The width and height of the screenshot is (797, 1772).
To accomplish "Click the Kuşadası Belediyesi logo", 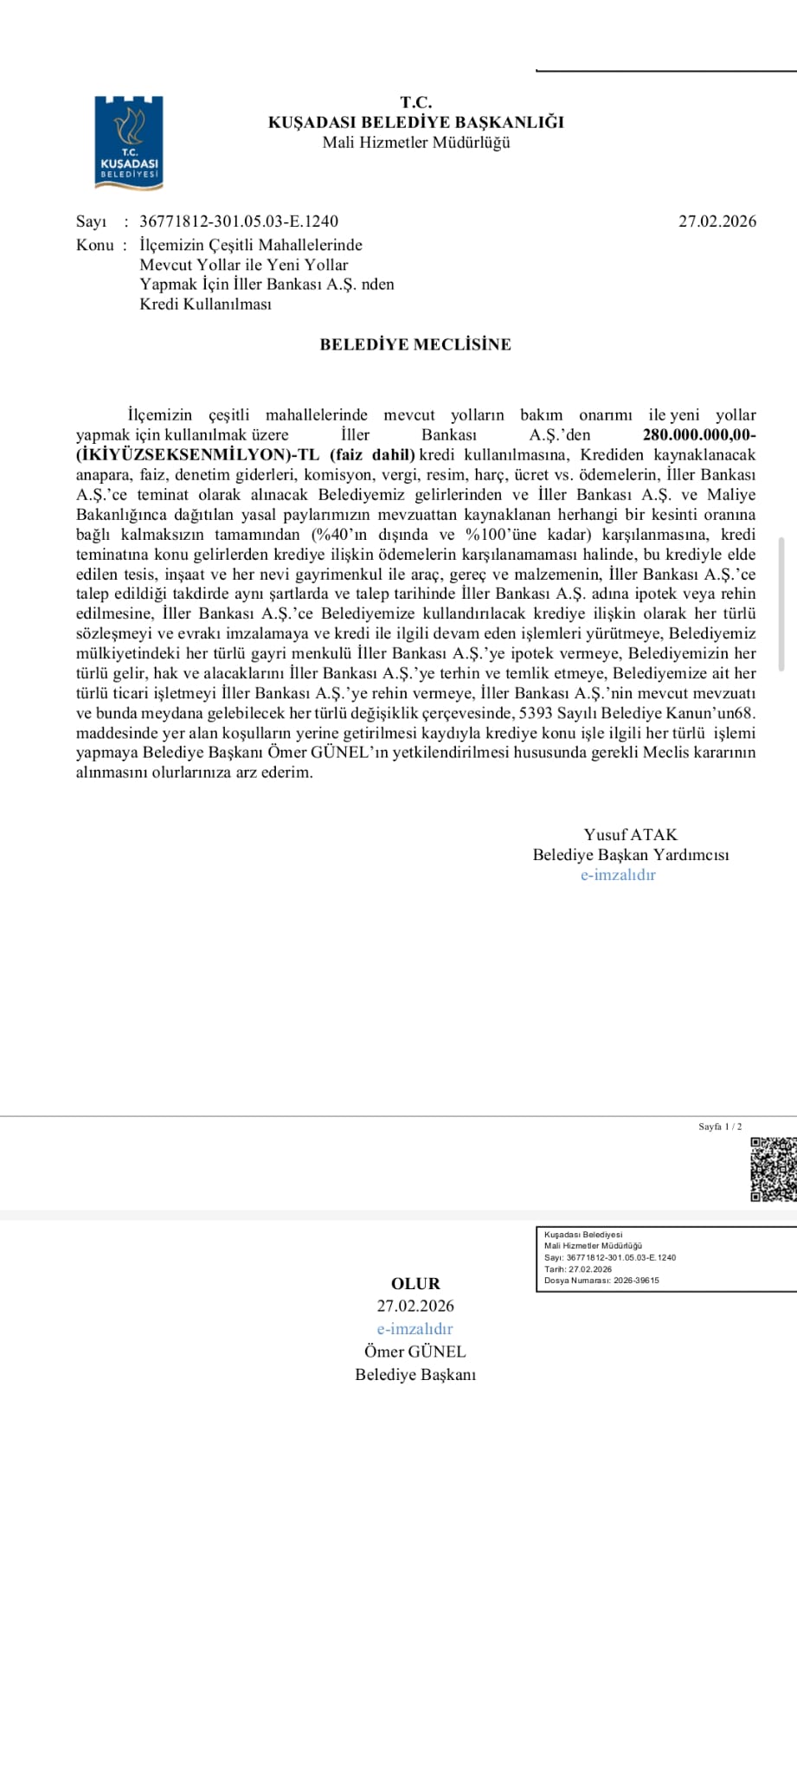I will click(129, 142).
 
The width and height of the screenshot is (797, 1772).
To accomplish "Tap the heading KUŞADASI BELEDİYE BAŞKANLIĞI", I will click(415, 122).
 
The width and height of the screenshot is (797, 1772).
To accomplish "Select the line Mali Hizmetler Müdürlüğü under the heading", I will click(415, 143).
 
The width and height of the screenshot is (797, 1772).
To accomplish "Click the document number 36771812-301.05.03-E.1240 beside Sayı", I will click(239, 221).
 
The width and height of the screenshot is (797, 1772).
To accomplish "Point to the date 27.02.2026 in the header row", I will click(717, 221).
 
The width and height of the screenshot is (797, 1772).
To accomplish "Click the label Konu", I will click(94, 245).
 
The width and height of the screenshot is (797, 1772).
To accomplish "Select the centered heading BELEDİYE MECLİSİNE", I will click(415, 344).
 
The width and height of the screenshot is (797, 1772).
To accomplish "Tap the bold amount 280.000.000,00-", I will click(699, 435).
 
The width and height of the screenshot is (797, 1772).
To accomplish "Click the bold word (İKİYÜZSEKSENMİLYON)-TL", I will click(198, 455).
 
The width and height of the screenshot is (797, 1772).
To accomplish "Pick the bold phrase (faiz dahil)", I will click(372, 455).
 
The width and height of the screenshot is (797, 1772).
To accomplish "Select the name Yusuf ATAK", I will click(630, 835).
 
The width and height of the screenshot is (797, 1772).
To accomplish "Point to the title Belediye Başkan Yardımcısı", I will click(630, 855).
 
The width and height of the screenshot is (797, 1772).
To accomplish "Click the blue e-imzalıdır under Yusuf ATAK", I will click(618, 875).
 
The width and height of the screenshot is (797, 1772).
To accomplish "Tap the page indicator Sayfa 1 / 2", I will click(720, 1127).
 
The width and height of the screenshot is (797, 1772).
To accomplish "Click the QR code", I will click(773, 1169).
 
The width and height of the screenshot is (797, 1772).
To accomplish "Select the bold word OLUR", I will click(415, 1283).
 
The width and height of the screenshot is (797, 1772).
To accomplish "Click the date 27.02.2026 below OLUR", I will click(415, 1306).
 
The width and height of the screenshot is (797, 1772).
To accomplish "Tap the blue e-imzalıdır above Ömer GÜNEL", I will click(415, 1328).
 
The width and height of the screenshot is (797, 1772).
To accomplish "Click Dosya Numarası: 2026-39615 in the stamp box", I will click(601, 1281).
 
